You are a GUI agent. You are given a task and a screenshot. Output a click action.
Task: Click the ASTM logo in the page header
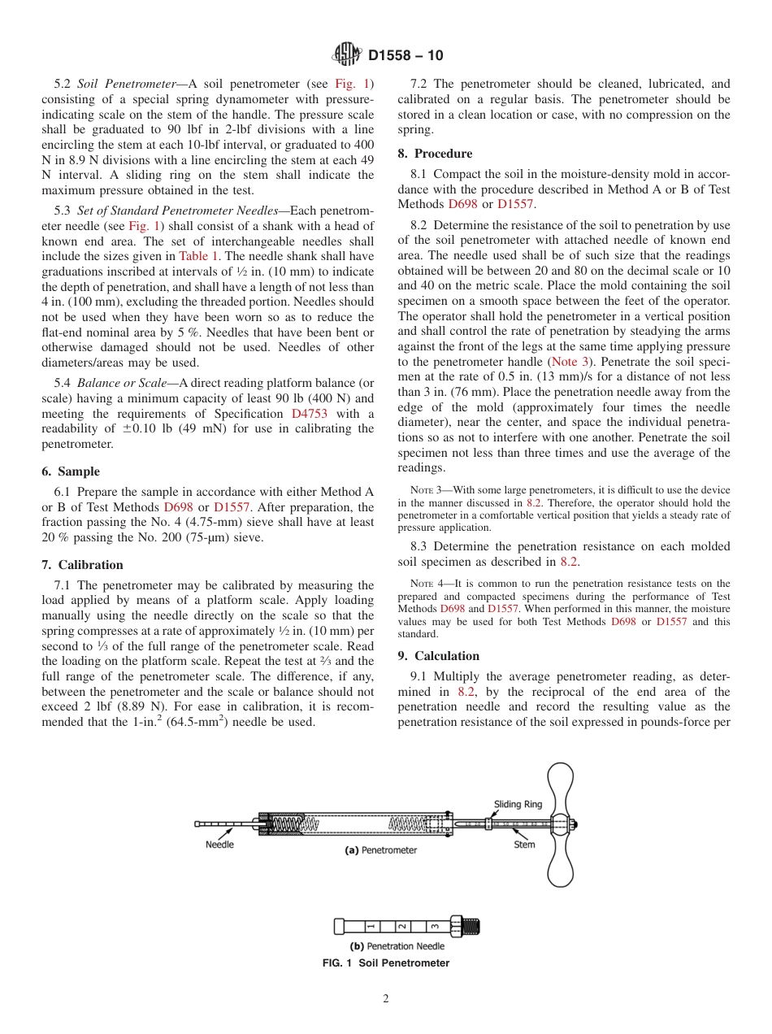point(348,55)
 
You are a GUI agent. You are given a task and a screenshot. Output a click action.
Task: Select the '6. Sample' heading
point(71,471)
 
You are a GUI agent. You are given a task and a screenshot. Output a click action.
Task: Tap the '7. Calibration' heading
point(82,565)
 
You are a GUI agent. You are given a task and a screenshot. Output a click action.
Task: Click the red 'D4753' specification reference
point(310,414)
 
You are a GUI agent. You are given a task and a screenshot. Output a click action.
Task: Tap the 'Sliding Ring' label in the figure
point(518,805)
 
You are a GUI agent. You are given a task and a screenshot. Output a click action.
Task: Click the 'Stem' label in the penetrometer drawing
point(524,845)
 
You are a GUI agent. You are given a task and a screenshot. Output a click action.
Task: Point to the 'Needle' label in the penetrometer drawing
point(219,845)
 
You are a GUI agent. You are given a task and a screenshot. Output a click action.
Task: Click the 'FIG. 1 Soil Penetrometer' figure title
point(386,963)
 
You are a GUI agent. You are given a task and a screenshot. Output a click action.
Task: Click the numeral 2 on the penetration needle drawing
point(401,926)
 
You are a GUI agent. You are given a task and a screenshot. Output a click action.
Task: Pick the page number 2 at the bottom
point(386,1000)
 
